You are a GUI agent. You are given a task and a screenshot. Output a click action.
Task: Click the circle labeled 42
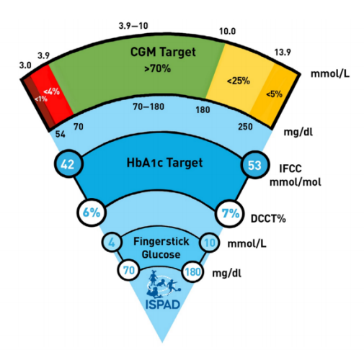pos(68,164)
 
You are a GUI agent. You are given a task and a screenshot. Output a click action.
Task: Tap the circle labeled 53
pos(255,165)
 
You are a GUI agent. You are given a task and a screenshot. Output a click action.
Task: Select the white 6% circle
pos(92,212)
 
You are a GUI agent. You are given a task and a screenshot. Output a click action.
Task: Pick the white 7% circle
pos(230,213)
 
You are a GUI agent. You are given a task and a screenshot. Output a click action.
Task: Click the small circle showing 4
pos(112,242)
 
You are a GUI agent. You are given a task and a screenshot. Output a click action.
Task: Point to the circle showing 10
pos(210,243)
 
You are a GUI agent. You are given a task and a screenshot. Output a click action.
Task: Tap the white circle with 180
pos(192,271)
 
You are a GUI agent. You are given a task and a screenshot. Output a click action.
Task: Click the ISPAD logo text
pos(163,305)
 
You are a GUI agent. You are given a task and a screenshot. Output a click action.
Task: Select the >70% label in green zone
pos(157,68)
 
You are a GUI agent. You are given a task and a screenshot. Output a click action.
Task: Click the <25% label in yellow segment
pos(239,81)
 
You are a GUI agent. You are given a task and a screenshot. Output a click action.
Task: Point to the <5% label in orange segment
pos(274,94)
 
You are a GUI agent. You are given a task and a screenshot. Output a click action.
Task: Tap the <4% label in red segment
pos(51,91)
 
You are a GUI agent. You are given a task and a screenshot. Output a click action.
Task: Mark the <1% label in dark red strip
pos(41,99)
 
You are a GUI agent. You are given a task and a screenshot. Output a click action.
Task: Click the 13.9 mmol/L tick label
pos(283,52)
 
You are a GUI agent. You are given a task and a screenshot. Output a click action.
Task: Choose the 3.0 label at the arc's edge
pos(25,65)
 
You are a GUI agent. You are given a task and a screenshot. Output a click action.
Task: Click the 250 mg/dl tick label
pos(245,127)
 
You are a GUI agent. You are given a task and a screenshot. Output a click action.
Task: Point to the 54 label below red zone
pos(60,134)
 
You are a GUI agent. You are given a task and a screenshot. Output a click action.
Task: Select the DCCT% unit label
pos(268,219)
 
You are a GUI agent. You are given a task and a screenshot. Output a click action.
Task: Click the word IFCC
pos(290,168)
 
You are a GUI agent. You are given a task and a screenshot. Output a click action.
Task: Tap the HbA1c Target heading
pos(164,163)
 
